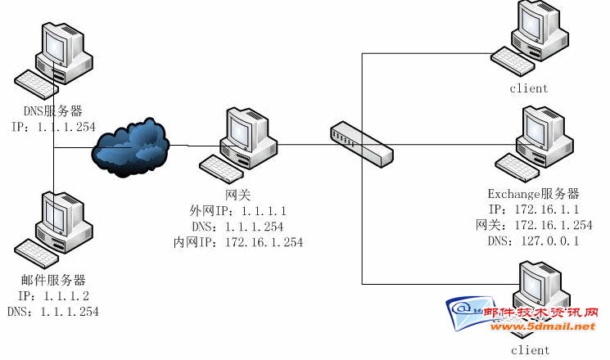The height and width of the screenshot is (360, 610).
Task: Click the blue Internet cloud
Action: coord(130,147)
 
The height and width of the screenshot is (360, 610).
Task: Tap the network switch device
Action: coord(361,144)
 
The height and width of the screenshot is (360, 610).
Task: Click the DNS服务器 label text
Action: coord(53,111)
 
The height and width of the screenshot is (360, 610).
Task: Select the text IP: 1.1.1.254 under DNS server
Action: coord(53,127)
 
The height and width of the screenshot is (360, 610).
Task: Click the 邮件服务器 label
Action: coord(53,280)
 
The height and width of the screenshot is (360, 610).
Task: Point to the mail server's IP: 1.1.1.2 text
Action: coord(53,296)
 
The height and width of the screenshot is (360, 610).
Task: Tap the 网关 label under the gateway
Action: coord(237,195)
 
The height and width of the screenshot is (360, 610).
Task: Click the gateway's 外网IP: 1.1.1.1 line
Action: coord(237,211)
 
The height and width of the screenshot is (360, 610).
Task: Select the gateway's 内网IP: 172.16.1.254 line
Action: coord(238,242)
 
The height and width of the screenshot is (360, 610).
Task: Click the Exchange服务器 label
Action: coord(533,194)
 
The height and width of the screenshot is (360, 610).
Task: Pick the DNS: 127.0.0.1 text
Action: coord(533,241)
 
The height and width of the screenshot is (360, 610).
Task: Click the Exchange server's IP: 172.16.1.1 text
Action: coord(534,209)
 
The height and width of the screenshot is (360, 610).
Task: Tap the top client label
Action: coord(529,88)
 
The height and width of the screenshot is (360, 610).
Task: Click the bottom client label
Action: coord(531,350)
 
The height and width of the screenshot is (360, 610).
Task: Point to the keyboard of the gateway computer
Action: coord(221,169)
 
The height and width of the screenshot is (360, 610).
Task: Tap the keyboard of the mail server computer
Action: coord(36,254)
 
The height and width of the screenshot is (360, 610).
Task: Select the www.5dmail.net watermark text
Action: coord(543,326)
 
